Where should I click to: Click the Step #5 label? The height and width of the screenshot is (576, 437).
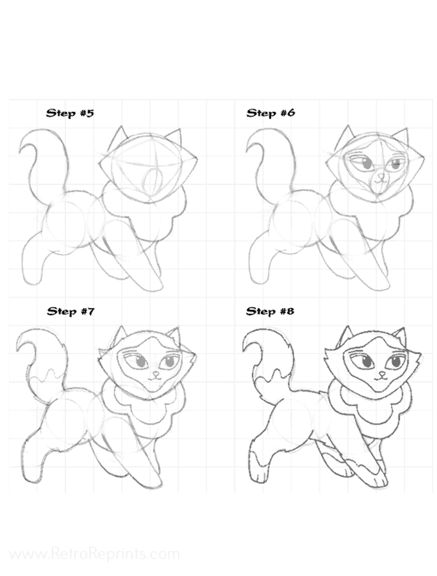(70, 113)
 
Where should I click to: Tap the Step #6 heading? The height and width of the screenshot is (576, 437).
(271, 113)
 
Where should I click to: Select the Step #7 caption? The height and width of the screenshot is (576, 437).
(71, 311)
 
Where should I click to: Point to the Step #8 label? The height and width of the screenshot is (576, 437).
(270, 311)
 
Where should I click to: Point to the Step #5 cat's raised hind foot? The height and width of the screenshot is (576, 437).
(32, 278)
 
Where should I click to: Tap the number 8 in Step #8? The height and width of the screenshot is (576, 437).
(290, 311)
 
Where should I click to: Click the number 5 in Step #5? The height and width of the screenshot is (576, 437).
(90, 113)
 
